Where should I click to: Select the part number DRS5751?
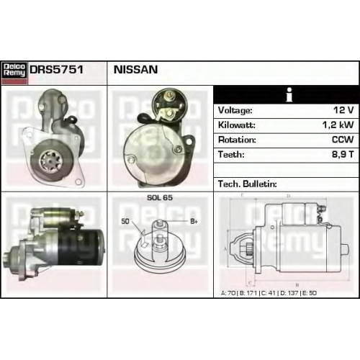tap(56, 70)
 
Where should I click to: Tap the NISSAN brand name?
tap(135, 70)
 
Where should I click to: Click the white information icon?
tap(289, 94)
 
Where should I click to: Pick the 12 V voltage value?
tap(343, 110)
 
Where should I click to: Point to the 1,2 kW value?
tap(338, 125)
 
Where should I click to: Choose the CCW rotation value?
tap(343, 140)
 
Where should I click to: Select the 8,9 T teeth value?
tap(343, 154)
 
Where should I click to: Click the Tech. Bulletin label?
tap(248, 184)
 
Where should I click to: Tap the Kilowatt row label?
tap(237, 125)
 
